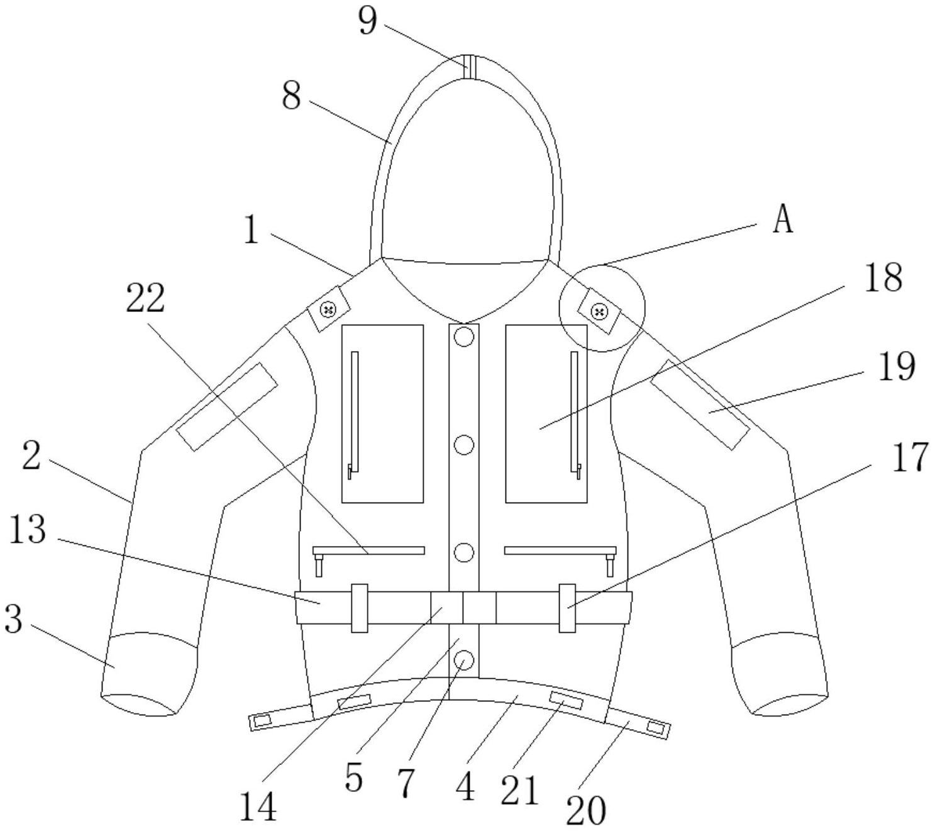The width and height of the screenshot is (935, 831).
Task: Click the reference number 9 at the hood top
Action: click(x=367, y=21)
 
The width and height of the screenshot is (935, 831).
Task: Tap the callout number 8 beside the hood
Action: click(x=290, y=98)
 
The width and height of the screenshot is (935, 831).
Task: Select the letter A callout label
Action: click(x=783, y=220)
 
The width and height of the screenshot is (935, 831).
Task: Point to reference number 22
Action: click(x=145, y=299)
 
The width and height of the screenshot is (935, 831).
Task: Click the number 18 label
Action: click(x=883, y=277)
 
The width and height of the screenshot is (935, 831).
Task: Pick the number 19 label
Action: click(x=896, y=367)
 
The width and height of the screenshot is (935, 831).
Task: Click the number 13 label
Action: click(x=28, y=530)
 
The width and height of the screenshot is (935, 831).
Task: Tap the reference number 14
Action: click(x=258, y=807)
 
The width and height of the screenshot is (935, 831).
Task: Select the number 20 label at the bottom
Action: click(x=586, y=810)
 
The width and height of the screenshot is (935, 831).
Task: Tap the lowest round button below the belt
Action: click(x=464, y=660)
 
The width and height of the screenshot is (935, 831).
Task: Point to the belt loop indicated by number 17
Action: click(x=567, y=608)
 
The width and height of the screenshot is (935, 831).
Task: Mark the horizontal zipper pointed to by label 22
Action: click(x=369, y=550)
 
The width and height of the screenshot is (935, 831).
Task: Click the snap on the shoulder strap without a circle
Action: click(x=328, y=309)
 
